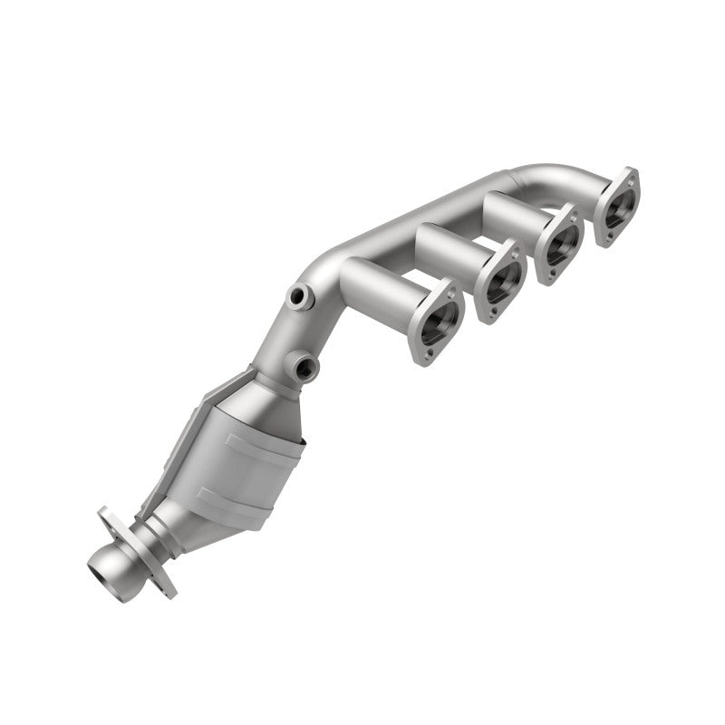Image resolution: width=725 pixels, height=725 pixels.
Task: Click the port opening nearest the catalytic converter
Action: click(439, 321)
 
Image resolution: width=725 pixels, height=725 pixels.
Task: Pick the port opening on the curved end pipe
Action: click(618, 206)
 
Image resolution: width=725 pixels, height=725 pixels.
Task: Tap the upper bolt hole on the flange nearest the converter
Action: click(452, 287)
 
